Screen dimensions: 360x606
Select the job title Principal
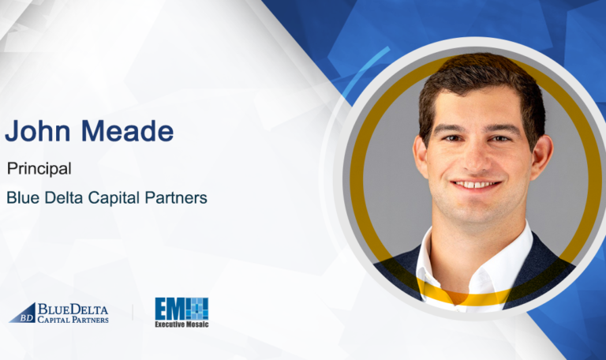pyautogui.click(x=39, y=168)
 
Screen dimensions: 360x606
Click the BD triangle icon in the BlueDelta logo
pyautogui.click(x=23, y=313)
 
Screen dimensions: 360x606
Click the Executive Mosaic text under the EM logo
pyautogui.click(x=181, y=323)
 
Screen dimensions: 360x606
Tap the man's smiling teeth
pyautogui.click(x=477, y=184)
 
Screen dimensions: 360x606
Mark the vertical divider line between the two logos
pyautogui.click(x=132, y=312)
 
